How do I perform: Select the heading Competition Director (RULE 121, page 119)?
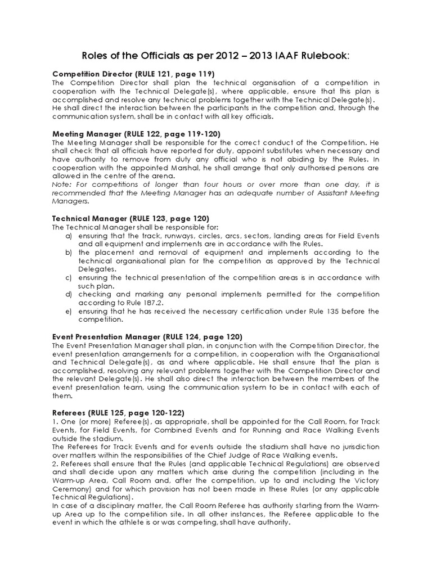(133, 74)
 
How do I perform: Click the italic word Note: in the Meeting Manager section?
(62, 184)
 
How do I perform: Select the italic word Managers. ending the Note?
(70, 201)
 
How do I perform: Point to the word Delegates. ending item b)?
(96, 269)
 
